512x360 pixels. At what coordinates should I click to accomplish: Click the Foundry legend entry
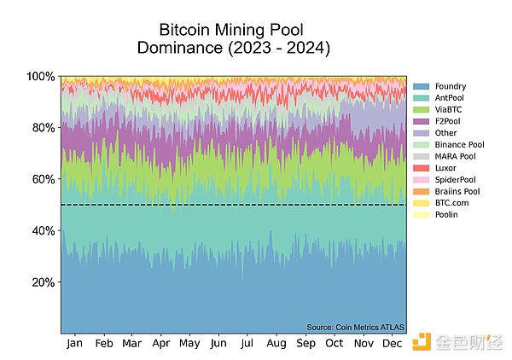(447, 86)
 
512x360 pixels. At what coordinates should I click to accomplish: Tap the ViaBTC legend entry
(447, 110)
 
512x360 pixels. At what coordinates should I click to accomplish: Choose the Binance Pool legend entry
(458, 145)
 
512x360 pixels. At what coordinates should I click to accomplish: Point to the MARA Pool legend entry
(455, 157)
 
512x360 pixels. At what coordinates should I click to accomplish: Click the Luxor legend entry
(445, 168)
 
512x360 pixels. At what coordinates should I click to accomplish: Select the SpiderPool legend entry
(454, 180)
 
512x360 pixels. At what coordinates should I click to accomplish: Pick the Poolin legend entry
(445, 215)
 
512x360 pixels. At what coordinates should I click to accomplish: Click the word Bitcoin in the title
(187, 29)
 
